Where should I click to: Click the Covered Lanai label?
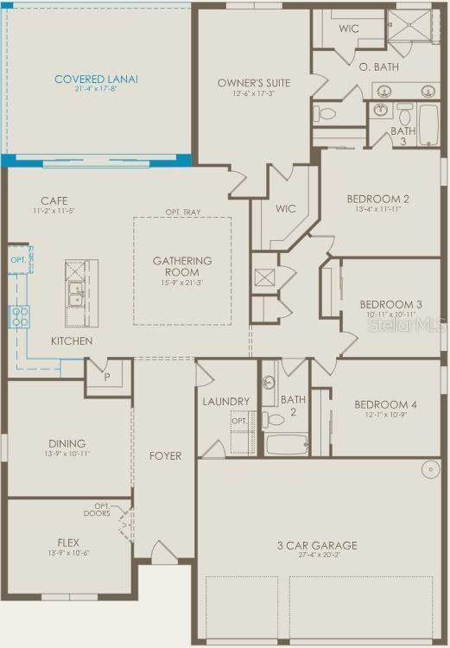[x=96, y=79]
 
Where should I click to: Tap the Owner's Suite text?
[x=253, y=83]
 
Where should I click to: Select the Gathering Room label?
[x=182, y=261]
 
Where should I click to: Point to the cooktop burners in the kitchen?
[x=19, y=316]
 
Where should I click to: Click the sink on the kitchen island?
[x=76, y=294]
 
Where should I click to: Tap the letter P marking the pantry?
[x=107, y=377]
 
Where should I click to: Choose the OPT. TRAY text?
[x=182, y=212]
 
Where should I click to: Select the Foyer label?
[x=165, y=455]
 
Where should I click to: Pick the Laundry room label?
[x=226, y=401]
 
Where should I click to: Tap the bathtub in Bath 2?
[x=286, y=444]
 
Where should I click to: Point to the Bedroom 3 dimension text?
[x=390, y=314]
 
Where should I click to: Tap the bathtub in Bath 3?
[x=428, y=126]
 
